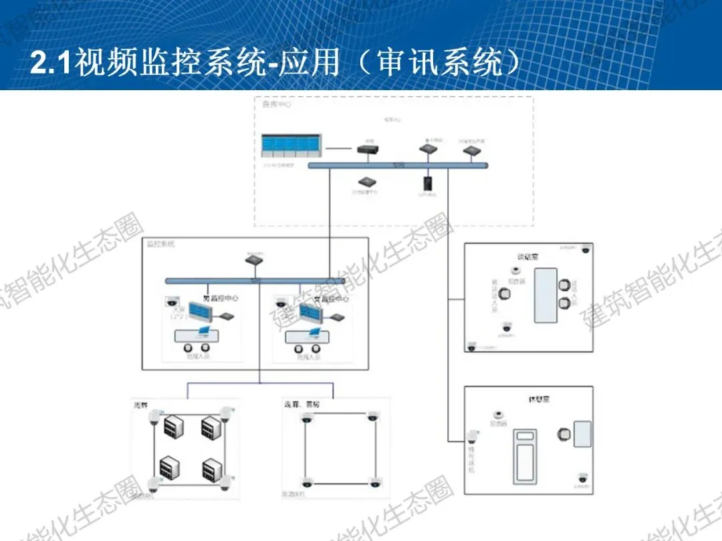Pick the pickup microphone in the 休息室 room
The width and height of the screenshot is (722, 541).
[497, 415]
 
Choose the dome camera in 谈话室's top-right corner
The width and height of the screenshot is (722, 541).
[586, 250]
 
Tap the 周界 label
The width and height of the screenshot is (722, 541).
[140, 405]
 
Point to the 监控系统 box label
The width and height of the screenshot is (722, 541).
[160, 244]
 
